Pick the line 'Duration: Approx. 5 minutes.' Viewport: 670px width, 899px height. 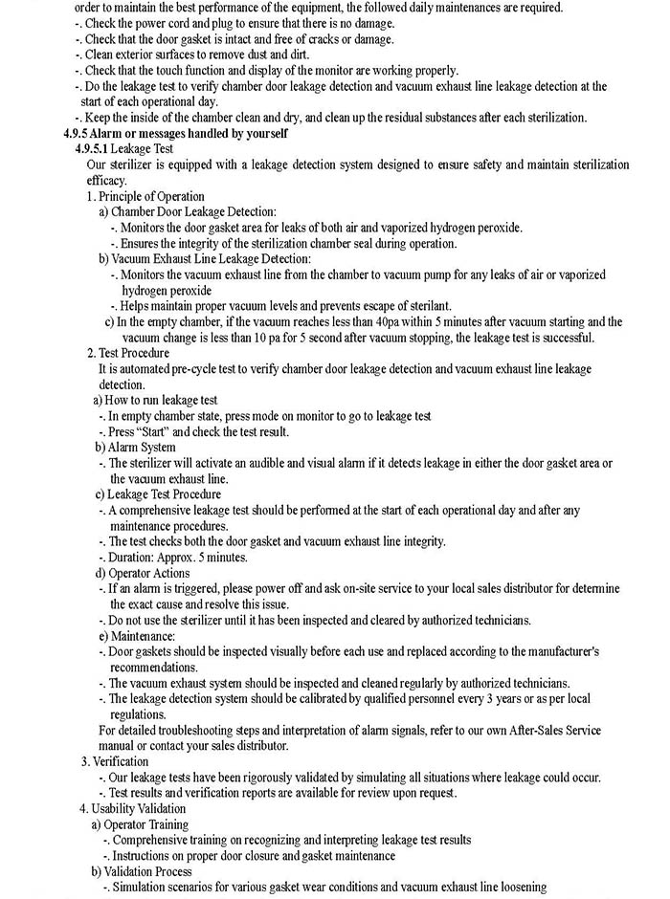pos(178,557)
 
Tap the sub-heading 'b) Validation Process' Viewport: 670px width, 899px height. pos(142,871)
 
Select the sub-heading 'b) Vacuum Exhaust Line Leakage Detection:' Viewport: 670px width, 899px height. pos(204,258)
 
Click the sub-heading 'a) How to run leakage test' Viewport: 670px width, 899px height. pos(155,400)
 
